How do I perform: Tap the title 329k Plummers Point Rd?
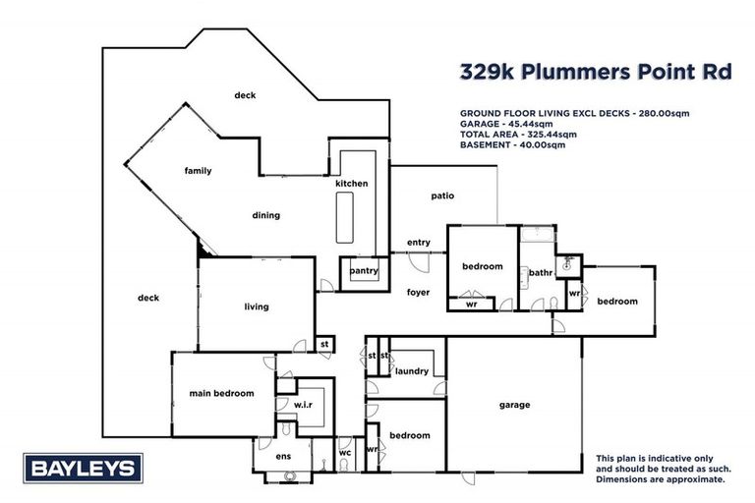pos(596,73)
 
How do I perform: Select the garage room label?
pos(514,405)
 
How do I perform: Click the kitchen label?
pos(351,184)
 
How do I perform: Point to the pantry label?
pos(364,270)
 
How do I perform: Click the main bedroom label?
pos(221,393)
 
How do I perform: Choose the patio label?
pos(442,196)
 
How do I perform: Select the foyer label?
pos(418,292)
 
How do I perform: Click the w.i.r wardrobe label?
pos(303,404)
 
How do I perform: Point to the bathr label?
pos(540,272)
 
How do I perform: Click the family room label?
pos(198,171)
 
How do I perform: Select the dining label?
pos(265,215)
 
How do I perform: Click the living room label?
pos(256,307)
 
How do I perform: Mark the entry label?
pos(419,243)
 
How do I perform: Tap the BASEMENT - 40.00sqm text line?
pos(512,144)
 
